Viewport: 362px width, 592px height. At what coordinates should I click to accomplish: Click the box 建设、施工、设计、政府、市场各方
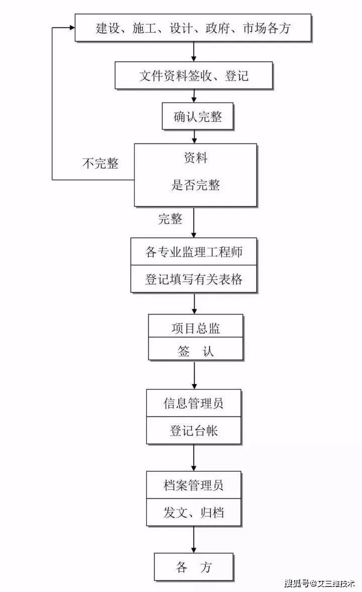(x=193, y=28)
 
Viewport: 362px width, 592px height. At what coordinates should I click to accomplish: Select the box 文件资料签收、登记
(x=194, y=76)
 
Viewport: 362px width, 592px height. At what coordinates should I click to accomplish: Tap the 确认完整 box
(x=198, y=117)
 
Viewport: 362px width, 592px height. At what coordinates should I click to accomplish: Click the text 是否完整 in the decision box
(x=196, y=185)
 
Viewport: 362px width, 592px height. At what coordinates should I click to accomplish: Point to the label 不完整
(x=100, y=164)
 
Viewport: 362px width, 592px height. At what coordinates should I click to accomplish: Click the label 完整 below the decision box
(x=170, y=218)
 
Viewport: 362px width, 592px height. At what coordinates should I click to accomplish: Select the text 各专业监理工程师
(x=194, y=252)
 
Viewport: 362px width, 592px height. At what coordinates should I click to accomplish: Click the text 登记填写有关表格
(x=194, y=279)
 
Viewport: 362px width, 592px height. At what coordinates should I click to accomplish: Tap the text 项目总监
(x=196, y=328)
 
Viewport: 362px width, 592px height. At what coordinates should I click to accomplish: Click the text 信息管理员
(x=194, y=403)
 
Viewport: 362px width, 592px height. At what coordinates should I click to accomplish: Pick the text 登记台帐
(x=194, y=431)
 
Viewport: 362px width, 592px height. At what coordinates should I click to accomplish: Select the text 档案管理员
(x=194, y=485)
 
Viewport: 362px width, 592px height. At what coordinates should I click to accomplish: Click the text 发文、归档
(x=194, y=512)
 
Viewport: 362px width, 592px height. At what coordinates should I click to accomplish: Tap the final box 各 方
(x=194, y=567)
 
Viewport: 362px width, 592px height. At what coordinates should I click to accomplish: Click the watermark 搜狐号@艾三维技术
(x=319, y=583)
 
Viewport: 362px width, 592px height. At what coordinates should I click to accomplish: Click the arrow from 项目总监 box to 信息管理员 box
(x=194, y=374)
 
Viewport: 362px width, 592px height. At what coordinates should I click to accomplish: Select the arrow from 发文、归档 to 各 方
(x=194, y=539)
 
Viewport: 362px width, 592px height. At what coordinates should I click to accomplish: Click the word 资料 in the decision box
(x=195, y=158)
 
